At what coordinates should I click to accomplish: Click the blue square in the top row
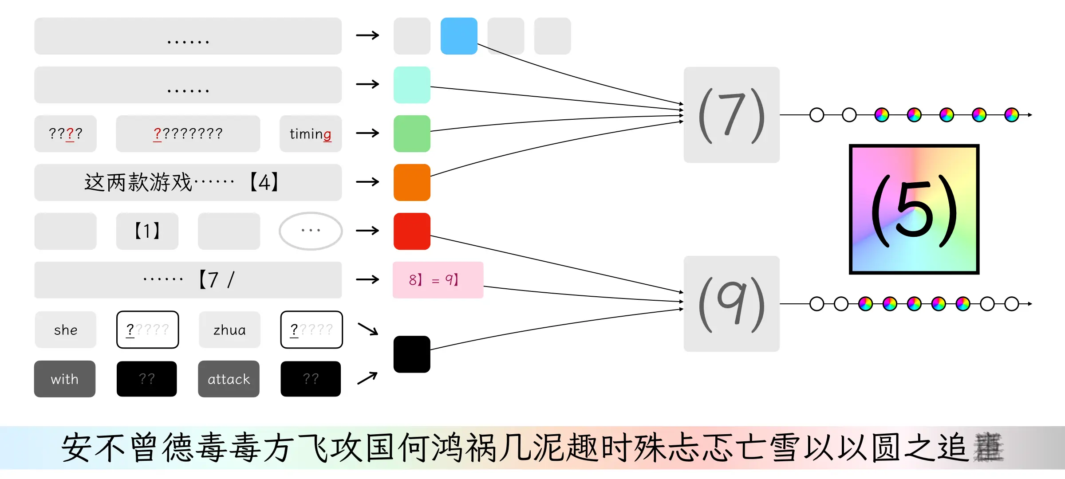pos(459,36)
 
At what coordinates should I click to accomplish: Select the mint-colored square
pos(412,85)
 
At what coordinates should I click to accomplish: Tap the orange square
pos(412,182)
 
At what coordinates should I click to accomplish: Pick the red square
pos(412,231)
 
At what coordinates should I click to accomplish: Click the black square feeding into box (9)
pos(412,354)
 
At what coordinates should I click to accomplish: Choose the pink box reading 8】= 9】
pos(438,280)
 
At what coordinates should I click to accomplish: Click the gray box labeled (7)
pos(731,115)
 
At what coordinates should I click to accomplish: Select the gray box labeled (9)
pos(731,304)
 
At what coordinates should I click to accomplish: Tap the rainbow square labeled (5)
pos(914,209)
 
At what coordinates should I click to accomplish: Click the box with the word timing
pos(310,133)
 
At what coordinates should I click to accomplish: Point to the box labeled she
pos(66,330)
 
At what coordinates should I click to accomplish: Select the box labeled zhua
pos(229,330)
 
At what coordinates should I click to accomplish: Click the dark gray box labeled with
pos(65,379)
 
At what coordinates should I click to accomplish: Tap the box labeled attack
pos(229,379)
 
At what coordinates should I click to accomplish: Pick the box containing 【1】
pos(147,231)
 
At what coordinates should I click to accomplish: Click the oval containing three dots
pos(311,231)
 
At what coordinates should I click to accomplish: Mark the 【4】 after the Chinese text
pos(264,182)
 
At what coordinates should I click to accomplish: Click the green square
pos(412,133)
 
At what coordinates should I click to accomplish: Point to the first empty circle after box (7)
pos(816,115)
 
